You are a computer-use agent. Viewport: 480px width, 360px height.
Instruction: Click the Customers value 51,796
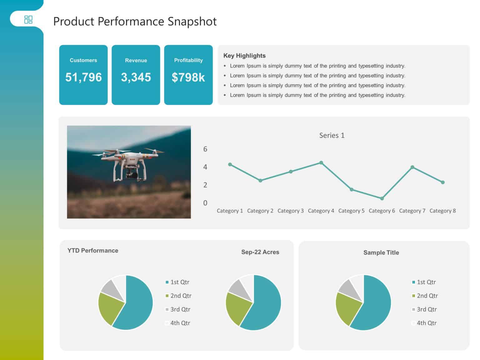tap(83, 77)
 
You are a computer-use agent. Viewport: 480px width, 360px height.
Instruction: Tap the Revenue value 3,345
tap(136, 77)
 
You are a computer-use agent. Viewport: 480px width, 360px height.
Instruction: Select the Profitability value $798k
tap(188, 77)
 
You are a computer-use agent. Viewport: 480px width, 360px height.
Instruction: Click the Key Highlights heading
tap(244, 56)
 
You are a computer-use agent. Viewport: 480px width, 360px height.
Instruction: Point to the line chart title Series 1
tap(332, 135)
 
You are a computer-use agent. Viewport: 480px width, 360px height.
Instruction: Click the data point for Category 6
tap(382, 198)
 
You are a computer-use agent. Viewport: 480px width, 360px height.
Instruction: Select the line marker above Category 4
tap(321, 163)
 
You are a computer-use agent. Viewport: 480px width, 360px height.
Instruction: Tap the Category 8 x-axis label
tap(442, 211)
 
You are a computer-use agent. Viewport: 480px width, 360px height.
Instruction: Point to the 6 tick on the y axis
tap(205, 149)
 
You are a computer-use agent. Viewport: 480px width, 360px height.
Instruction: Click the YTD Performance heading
tap(93, 251)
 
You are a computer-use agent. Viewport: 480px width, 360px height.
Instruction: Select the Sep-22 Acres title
tap(260, 252)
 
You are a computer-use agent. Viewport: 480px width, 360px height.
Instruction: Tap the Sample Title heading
tap(381, 252)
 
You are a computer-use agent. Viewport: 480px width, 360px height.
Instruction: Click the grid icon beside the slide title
tap(28, 20)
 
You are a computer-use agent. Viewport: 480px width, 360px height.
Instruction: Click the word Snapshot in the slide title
tap(192, 22)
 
